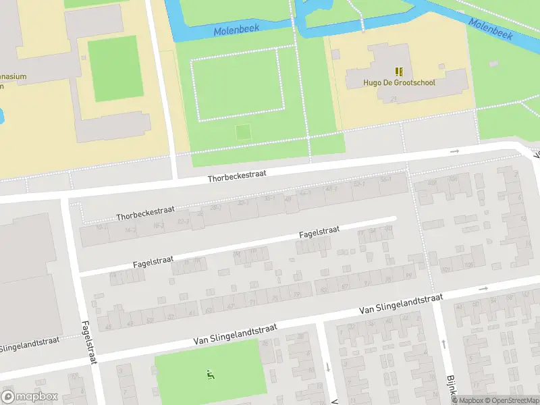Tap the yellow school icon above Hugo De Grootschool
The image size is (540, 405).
pyautogui.click(x=399, y=71)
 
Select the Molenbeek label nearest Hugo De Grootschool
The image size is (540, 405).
pyautogui.click(x=491, y=28)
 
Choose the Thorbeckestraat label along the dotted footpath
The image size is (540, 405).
pyautogui.click(x=141, y=214)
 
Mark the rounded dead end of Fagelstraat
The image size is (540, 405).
pyautogui.click(x=394, y=218)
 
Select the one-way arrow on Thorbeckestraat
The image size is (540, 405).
pyautogui.click(x=455, y=151)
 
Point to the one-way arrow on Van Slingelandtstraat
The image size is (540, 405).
pyautogui.click(x=483, y=289)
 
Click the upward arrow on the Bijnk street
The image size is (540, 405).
pyautogui.click(x=443, y=344)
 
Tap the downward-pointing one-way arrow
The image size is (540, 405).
pyautogui.click(x=328, y=367)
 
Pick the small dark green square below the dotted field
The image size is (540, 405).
pyautogui.click(x=242, y=132)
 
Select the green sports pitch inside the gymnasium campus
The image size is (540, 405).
pyautogui.click(x=113, y=68)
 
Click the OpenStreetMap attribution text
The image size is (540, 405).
pyautogui.click(x=512, y=400)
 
